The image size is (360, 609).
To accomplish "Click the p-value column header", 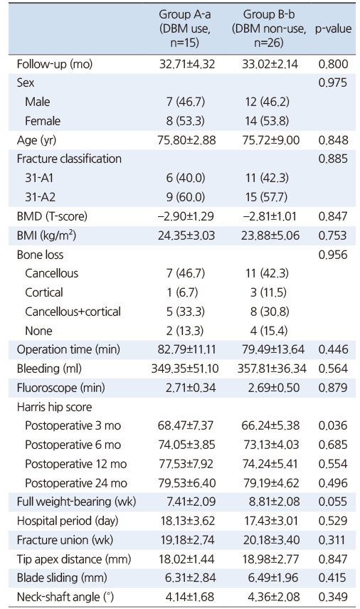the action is [333, 28].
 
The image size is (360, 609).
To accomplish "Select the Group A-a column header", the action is [185, 28].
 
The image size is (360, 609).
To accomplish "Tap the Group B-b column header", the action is [269, 28].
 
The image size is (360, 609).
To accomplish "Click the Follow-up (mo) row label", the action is [55, 64].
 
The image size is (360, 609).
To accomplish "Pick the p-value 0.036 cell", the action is [333, 425].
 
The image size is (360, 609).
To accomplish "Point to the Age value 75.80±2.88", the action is [186, 140].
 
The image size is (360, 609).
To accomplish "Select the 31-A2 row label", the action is [40, 197].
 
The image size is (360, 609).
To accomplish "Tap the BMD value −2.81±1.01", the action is [270, 216].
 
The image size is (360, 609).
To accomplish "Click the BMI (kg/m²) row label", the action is [46, 235].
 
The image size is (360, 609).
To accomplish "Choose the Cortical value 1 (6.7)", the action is [183, 292].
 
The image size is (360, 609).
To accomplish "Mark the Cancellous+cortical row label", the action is [73, 312].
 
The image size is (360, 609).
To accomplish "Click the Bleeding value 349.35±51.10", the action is [185, 369].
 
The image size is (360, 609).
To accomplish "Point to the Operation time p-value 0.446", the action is [333, 349].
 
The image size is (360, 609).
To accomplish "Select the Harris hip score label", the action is [54, 407].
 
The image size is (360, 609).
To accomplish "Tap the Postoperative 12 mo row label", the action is [75, 464].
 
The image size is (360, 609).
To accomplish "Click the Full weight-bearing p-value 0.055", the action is [333, 502].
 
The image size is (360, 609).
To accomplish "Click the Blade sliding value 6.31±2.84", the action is [190, 578].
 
